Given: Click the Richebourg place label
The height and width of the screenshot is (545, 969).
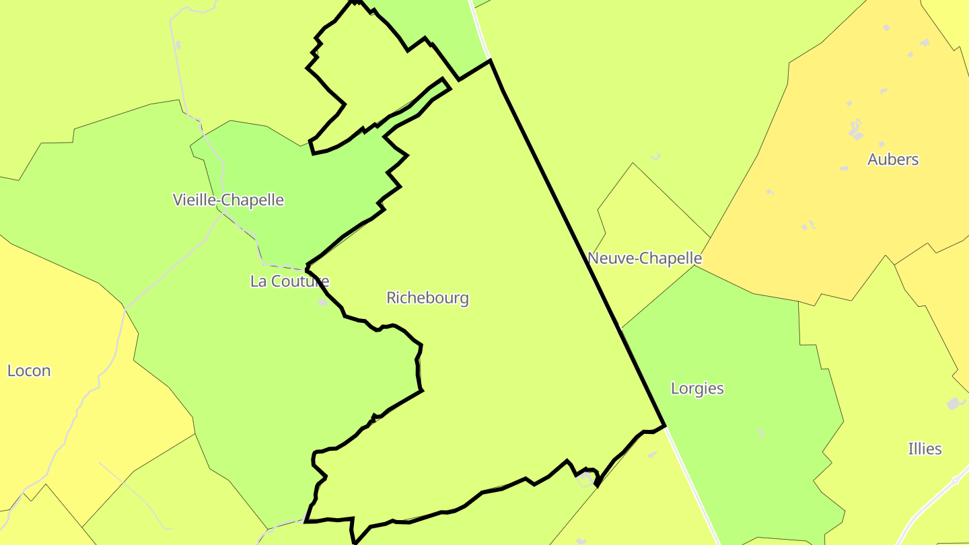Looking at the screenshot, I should (x=427, y=297).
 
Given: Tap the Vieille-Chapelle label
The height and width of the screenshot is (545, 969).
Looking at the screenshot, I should (x=228, y=200).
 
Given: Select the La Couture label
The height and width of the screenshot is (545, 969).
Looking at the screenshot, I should (x=289, y=281).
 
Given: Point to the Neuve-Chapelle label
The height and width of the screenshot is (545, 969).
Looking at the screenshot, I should (x=645, y=258).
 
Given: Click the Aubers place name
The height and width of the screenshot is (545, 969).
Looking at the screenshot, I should (x=893, y=159).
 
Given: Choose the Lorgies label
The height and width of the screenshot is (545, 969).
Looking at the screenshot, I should (x=697, y=388).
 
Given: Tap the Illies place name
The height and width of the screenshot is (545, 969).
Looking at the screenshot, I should (x=925, y=449).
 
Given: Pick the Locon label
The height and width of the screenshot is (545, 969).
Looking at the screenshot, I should (x=29, y=371).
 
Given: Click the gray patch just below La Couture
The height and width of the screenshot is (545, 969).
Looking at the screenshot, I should (x=323, y=302).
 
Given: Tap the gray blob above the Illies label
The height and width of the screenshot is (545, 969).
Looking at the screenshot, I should (x=953, y=404).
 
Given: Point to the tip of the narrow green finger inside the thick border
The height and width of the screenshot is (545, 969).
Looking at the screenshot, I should (x=443, y=82).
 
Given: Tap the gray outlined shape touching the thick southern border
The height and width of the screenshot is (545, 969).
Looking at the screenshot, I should (x=586, y=479).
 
